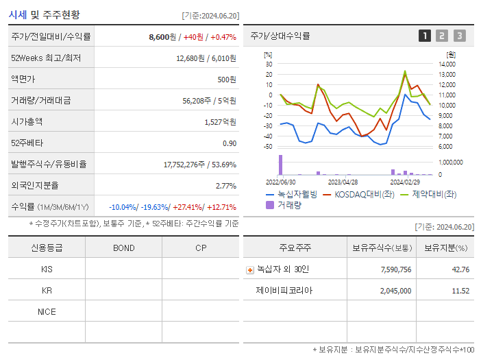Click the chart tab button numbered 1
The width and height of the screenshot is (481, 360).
coord(425,36)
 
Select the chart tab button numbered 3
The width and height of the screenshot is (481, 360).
coord(459,36)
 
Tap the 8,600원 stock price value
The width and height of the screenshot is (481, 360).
coord(162,36)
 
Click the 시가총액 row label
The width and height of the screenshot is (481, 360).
coord(27,121)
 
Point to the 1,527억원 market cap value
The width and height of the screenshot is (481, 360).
coord(220,121)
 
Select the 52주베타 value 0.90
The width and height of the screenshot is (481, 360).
coord(230,143)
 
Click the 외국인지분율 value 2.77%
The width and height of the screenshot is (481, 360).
coord(225,185)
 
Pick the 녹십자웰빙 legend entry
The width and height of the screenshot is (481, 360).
coord(291,194)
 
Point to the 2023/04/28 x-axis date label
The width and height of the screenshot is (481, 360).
coord(343,182)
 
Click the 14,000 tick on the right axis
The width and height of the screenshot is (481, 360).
coord(447,64)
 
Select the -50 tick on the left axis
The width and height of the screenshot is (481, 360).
coord(267,147)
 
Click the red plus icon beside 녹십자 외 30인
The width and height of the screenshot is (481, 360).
coord(250,269)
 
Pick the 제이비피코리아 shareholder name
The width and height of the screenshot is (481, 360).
coord(284,291)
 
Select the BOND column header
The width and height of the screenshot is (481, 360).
coord(123,248)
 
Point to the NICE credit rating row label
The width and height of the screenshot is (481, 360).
coord(47,312)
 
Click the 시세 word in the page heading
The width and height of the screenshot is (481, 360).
coord(18,14)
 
